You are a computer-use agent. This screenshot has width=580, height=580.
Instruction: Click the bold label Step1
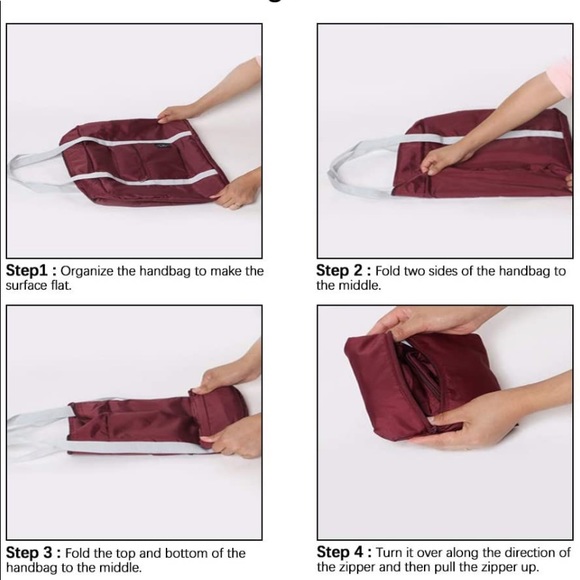click(x=27, y=271)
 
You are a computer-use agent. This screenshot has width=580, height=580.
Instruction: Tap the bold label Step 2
click(x=339, y=270)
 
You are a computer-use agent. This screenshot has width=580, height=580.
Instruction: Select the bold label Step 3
click(x=29, y=553)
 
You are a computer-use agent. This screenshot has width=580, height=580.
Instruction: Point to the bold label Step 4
click(x=340, y=552)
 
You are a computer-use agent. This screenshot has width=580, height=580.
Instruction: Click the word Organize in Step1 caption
click(x=87, y=271)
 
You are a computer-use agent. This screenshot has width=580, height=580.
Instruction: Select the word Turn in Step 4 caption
click(x=389, y=553)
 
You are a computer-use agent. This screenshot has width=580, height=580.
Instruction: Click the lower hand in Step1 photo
click(x=237, y=190)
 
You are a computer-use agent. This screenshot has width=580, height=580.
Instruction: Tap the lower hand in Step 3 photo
click(x=233, y=438)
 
